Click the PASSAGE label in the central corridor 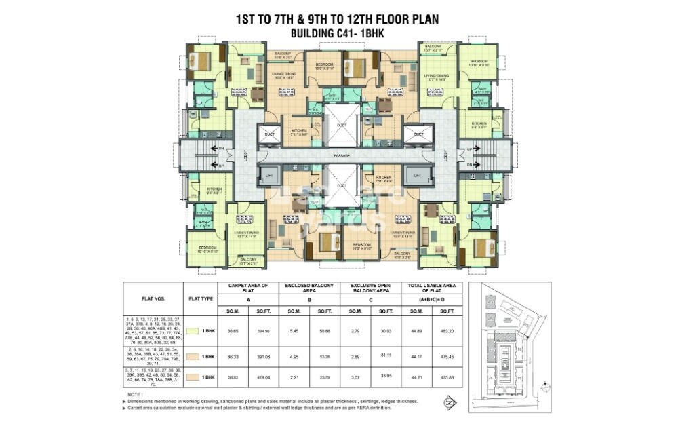point(336,155)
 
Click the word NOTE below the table point(135,394)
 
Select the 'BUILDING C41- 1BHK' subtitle point(336,33)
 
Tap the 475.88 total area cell point(447,376)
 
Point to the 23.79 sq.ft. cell point(324,376)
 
